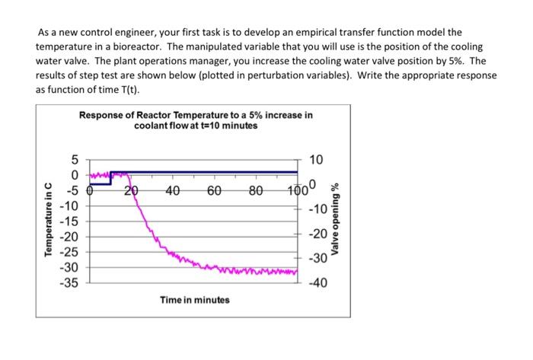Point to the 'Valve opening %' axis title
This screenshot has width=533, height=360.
334,220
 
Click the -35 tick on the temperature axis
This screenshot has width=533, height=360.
69,282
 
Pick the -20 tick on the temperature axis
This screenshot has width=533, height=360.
69,236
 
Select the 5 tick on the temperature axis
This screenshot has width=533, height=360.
74,160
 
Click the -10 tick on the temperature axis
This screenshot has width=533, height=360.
69,205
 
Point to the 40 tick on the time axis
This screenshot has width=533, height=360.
173,192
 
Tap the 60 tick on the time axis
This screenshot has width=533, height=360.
214,192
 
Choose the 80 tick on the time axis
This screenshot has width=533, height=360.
256,192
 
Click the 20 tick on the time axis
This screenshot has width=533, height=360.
132,192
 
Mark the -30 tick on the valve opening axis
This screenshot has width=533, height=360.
317,260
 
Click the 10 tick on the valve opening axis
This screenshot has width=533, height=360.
318,160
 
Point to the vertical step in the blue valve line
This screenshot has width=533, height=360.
111,178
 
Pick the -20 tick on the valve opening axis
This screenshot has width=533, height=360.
317,234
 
